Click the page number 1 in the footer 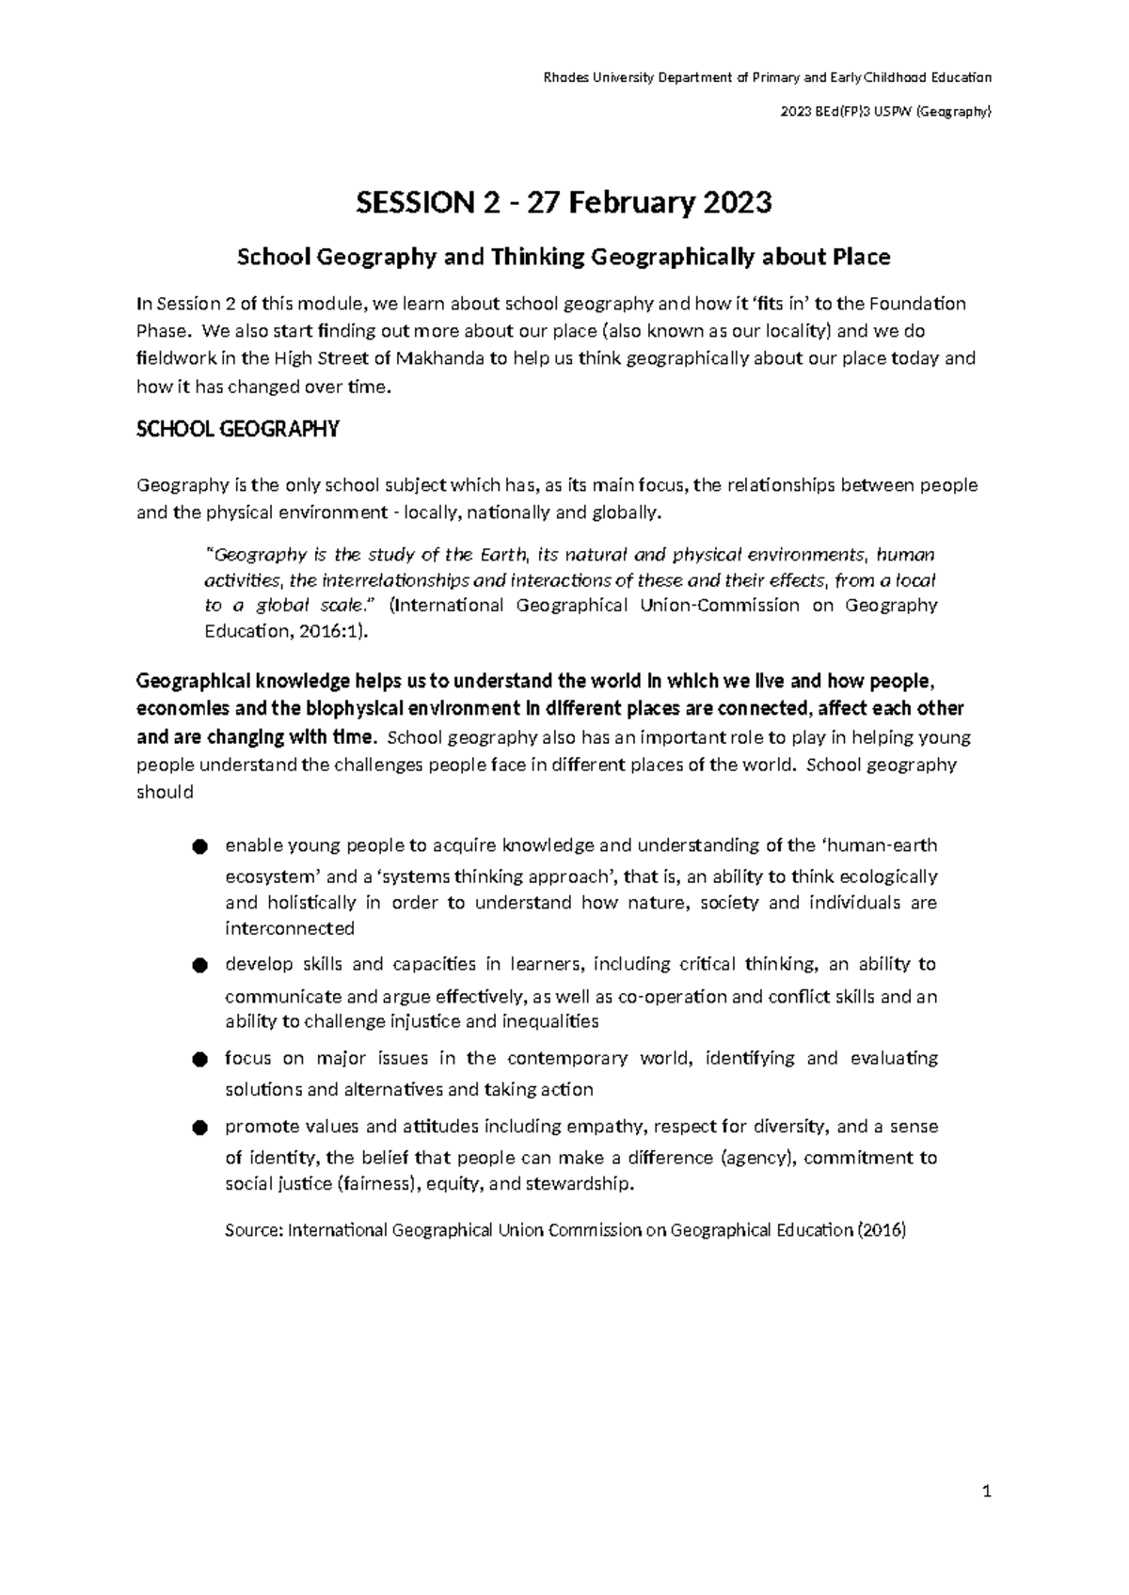pyautogui.click(x=987, y=1492)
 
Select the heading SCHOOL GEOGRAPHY pyautogui.click(x=237, y=431)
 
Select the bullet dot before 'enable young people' pyautogui.click(x=198, y=847)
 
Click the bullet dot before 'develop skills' pyautogui.click(x=198, y=966)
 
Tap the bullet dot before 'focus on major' pyautogui.click(x=198, y=1060)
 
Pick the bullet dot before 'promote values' pyautogui.click(x=198, y=1128)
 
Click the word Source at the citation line pyautogui.click(x=252, y=1230)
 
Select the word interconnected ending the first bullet pyautogui.click(x=290, y=929)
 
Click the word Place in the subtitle pyautogui.click(x=860, y=257)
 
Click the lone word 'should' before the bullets pyautogui.click(x=165, y=792)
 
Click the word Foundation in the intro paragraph pyautogui.click(x=917, y=304)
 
